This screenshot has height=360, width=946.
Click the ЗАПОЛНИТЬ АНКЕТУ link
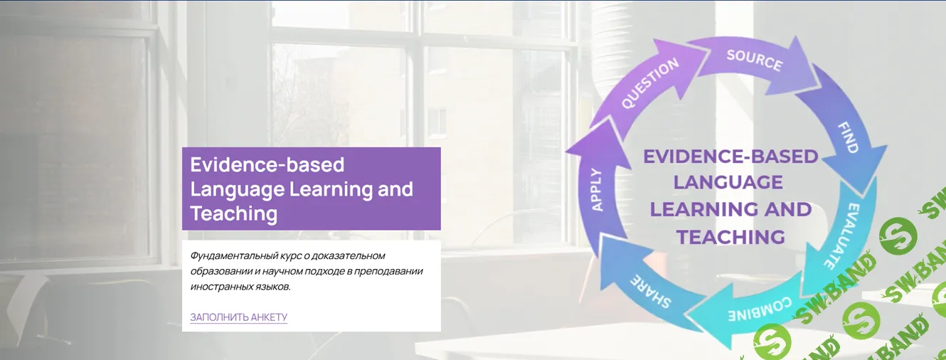(x=238, y=317)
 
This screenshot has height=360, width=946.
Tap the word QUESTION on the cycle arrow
(x=650, y=83)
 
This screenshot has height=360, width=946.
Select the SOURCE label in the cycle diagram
(x=755, y=60)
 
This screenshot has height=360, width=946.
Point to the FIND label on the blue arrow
(x=848, y=137)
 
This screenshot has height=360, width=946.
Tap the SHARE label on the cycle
(x=650, y=292)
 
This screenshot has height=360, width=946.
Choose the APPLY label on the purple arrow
(x=597, y=190)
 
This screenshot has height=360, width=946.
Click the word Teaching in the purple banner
(x=233, y=213)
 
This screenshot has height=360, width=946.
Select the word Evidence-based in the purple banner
(x=267, y=164)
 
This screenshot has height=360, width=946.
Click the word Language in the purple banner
(x=238, y=189)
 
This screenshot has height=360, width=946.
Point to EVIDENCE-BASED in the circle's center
(x=730, y=157)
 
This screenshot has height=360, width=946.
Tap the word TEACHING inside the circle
(x=731, y=237)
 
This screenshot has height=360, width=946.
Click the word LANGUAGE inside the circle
(x=728, y=183)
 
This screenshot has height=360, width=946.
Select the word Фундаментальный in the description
(x=233, y=255)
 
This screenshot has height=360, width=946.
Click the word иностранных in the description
(x=221, y=287)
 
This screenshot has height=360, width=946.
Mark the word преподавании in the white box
(x=388, y=271)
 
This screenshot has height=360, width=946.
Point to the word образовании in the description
(x=221, y=271)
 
